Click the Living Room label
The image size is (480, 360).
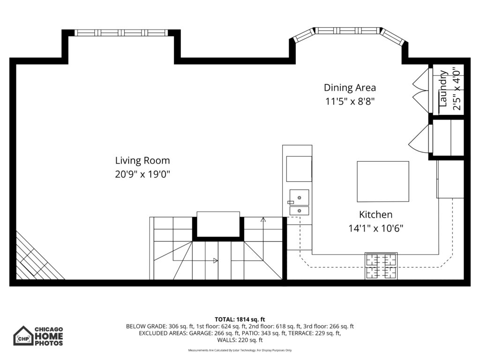pos(142,161)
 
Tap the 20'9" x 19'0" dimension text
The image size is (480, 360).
pos(142,174)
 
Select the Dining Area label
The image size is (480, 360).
pos(350,88)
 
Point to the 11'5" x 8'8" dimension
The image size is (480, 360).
pos(350,101)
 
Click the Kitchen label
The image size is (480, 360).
pos(375,215)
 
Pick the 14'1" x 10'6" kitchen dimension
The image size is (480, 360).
pos(375,228)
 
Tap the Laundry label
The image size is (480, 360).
pos(443,89)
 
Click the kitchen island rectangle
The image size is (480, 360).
pos(383,181)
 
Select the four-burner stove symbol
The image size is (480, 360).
pos(381,266)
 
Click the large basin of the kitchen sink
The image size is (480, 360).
pos(299,197)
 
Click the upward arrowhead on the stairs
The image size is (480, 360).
pos(263,219)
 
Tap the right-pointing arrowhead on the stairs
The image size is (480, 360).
pos(216,261)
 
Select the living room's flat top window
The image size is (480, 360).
pos(121,33)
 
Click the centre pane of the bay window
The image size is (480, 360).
pos(347,30)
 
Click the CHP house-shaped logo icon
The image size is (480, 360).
pos(23,336)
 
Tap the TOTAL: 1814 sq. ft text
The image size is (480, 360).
pos(240,320)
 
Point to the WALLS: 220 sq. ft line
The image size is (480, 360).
pos(240,340)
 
